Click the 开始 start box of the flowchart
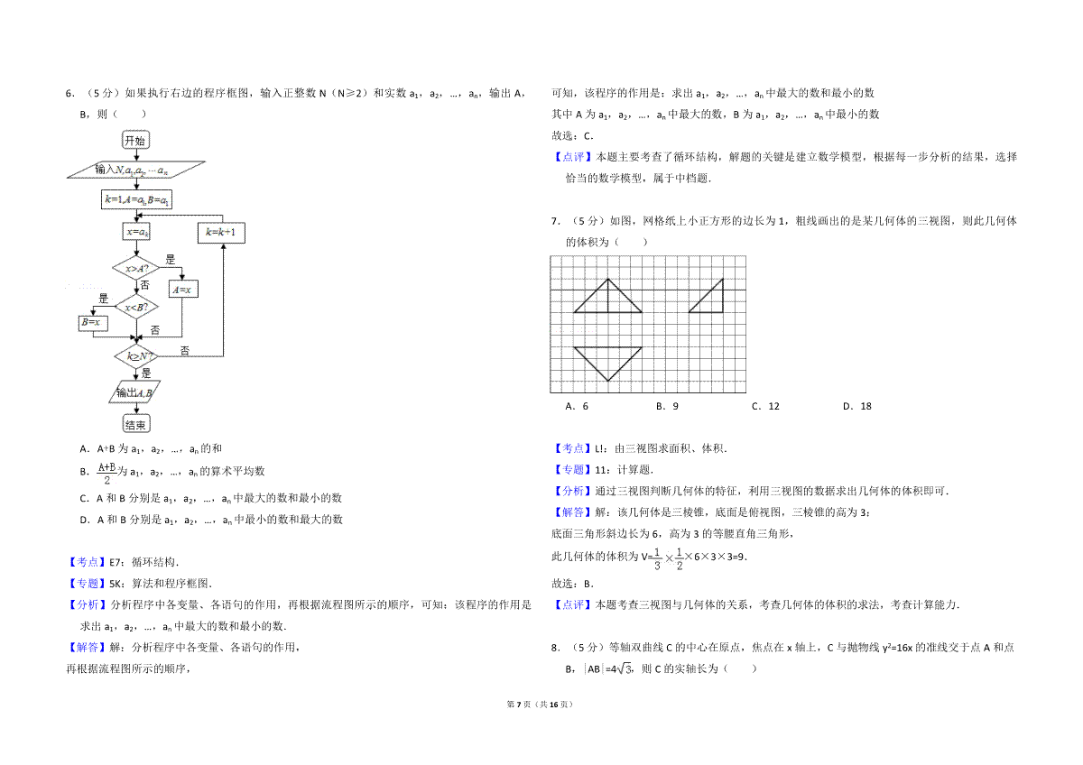[x=136, y=140]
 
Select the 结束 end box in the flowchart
[x=136, y=424]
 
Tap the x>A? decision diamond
[x=136, y=268]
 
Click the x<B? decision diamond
[x=136, y=307]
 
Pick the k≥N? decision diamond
[x=136, y=356]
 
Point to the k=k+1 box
[x=221, y=233]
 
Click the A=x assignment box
[x=183, y=290]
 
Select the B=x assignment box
[x=93, y=323]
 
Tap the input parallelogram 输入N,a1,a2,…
[x=136, y=170]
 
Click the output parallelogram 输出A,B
[x=134, y=392]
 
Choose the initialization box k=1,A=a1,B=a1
[x=136, y=199]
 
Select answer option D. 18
[x=856, y=407]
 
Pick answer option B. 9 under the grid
[x=667, y=407]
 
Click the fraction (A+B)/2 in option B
[x=106, y=473]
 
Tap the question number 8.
[x=556, y=648]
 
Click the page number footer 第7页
[x=519, y=705]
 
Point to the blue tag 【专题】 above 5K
[x=87, y=584]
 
